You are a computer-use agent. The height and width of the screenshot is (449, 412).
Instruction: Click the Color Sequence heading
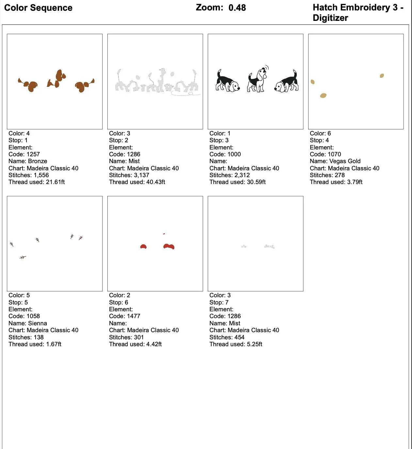click(x=38, y=8)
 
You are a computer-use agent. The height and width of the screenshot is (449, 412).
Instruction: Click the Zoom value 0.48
click(x=237, y=8)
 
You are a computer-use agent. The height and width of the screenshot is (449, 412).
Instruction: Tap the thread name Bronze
click(x=38, y=161)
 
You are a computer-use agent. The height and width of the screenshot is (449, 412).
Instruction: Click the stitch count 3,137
click(x=141, y=175)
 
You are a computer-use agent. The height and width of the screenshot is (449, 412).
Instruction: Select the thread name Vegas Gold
click(x=345, y=161)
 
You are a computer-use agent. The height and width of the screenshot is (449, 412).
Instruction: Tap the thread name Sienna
click(x=38, y=323)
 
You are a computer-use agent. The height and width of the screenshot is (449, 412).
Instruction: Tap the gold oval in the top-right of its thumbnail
click(x=382, y=76)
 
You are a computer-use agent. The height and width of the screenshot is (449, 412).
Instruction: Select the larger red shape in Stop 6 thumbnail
click(x=169, y=246)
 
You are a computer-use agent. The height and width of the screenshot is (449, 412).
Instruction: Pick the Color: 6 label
click(x=320, y=133)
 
